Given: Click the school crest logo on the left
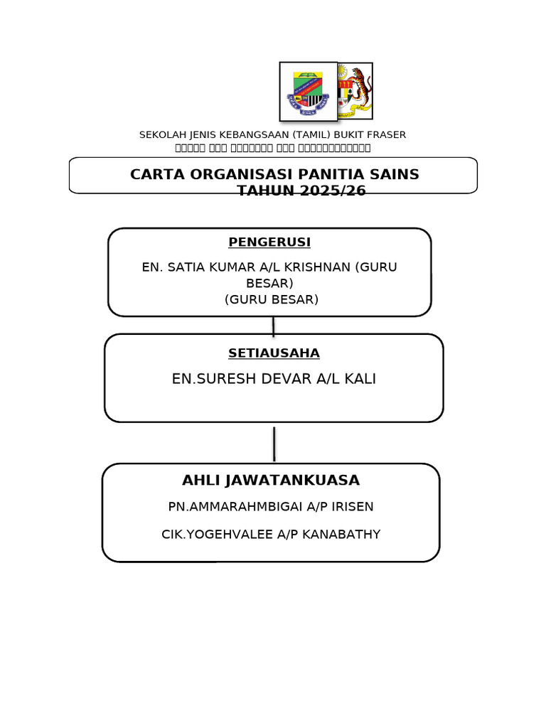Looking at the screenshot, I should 308,92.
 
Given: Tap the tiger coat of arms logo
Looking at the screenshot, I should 355,91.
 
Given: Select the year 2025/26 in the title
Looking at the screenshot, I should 331,191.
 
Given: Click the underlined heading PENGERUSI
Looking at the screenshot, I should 269,242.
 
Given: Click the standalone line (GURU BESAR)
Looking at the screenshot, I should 272,299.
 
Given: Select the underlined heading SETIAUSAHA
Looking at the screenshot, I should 274,353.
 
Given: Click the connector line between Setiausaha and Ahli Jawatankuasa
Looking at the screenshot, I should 274,444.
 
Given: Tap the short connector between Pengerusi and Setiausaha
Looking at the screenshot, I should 273,326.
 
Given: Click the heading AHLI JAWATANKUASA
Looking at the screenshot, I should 271,481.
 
